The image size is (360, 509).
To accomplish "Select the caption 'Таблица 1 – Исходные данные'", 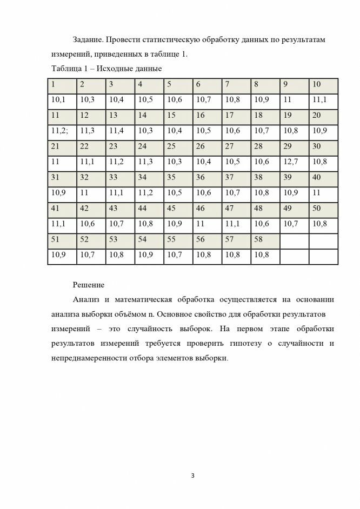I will pos(106,69).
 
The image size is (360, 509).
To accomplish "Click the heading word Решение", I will pos(89,284).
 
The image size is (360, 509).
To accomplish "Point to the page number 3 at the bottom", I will pos(192,475).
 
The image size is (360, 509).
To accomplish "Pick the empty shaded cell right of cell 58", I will pos(294,239).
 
